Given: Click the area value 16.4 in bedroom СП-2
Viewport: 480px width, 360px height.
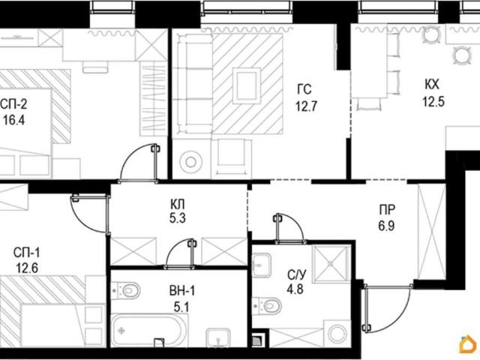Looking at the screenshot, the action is pos(14,120).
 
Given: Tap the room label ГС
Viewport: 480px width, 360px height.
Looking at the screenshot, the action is pos(304,89).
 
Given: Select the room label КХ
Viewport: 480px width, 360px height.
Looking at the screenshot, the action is pos(432,85).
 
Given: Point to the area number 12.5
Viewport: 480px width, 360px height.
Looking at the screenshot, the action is pos(433,101).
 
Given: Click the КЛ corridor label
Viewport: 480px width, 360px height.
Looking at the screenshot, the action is pos(178,203).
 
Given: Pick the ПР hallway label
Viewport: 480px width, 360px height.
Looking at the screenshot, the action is pos(387,210).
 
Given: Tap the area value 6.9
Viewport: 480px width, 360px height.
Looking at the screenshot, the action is pos(386,226).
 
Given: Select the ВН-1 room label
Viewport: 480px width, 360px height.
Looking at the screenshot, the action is pos(182,291).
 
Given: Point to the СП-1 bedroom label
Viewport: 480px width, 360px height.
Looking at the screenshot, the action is pos(27,253).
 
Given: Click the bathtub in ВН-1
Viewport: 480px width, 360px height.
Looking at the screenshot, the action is pos(149,331).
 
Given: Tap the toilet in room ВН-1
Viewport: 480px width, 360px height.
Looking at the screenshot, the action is pos(126,290).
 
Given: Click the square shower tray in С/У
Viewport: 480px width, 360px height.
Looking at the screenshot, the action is pos(331,262).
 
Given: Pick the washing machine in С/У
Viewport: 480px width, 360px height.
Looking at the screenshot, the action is pos(337,333).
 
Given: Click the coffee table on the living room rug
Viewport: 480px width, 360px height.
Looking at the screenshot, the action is pos(247,86).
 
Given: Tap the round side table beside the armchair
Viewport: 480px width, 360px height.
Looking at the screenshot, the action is pos(191,161).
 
